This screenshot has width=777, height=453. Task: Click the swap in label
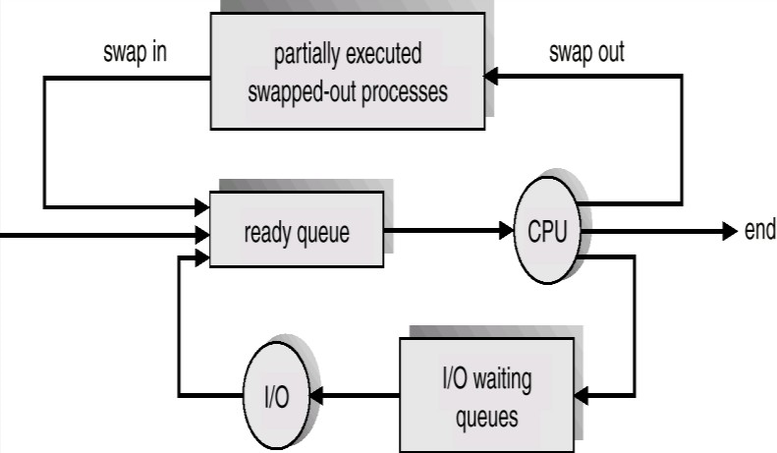point(134,53)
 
